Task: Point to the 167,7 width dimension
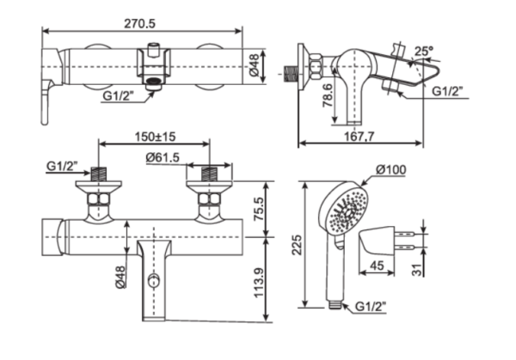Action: click(x=360, y=137)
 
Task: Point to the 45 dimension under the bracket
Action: click(x=377, y=265)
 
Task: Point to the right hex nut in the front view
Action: click(x=208, y=203)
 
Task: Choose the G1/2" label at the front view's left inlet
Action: click(x=62, y=165)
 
